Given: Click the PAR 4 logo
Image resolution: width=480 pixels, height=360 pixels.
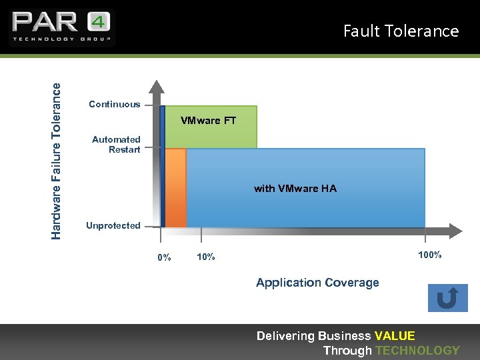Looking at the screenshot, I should (x=61, y=27).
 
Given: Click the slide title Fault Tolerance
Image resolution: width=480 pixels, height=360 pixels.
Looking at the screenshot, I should (x=401, y=31).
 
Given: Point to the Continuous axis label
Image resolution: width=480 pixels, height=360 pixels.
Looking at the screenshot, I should (x=115, y=104).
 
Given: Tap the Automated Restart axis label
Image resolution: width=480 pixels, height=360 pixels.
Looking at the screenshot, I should (x=117, y=145).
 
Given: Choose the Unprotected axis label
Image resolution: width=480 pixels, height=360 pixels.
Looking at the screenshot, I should (x=113, y=226).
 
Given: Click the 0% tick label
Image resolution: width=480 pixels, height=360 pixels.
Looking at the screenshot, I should (x=164, y=257).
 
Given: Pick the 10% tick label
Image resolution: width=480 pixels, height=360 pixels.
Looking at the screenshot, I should (x=206, y=257).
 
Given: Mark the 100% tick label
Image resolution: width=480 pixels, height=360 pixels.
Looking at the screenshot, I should (x=429, y=255).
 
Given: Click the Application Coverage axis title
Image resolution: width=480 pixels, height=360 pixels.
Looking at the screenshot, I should (x=317, y=283).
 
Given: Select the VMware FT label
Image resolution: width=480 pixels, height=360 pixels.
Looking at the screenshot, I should (x=209, y=121).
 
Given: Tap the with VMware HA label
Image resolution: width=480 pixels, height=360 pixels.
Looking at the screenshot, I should (x=295, y=189).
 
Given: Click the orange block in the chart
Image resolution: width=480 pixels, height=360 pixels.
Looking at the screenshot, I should (x=176, y=188).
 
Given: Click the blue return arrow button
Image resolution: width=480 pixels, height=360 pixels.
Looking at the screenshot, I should (x=447, y=298).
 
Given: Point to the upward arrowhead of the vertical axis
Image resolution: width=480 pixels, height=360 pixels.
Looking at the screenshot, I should (x=156, y=85).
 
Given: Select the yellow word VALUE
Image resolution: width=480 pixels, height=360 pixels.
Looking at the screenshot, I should (x=395, y=336).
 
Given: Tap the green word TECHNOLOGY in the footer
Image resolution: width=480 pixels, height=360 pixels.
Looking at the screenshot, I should (x=417, y=351).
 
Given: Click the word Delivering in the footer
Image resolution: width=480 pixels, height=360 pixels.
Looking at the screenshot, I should (x=285, y=336).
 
